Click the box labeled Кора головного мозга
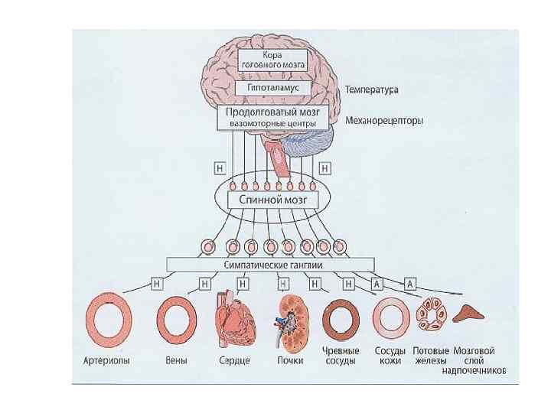(x=272, y=60)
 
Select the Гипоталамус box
(x=272, y=88)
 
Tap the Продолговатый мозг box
(x=272, y=117)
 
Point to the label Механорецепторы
(x=384, y=120)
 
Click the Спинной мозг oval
(x=274, y=199)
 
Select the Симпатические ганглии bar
(x=272, y=264)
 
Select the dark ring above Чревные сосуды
(x=340, y=318)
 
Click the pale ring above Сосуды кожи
(x=390, y=318)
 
